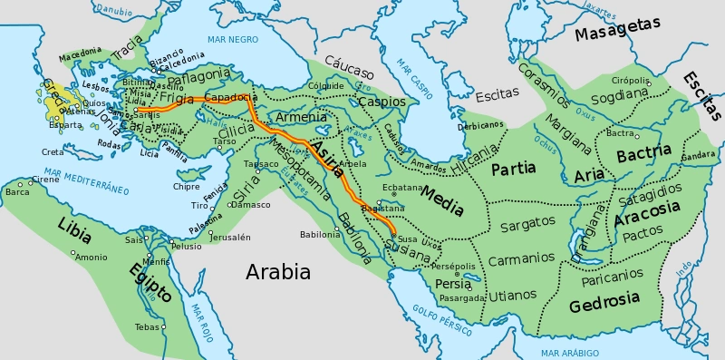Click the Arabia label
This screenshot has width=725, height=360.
278,272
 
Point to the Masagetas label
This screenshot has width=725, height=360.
617,31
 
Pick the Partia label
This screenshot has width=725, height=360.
514,168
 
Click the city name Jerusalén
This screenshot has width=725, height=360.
228,237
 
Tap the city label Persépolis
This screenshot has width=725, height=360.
453,266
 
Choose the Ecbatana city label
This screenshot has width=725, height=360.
401,188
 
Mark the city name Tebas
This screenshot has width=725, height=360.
148,326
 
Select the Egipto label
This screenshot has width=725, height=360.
150,282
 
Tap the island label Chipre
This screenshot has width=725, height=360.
186,186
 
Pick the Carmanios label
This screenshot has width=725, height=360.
521,258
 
